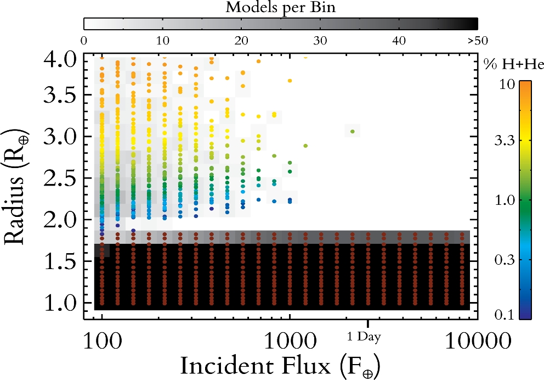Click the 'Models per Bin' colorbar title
[x=281, y=8]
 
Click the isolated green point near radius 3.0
[x=353, y=131]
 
